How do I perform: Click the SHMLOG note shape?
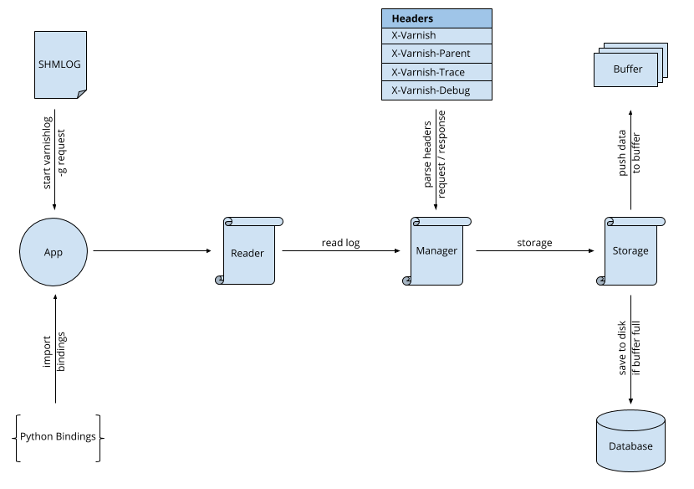click(x=60, y=64)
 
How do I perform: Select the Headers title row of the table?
click(x=436, y=18)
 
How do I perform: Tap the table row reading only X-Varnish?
click(x=436, y=36)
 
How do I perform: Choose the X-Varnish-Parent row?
click(x=436, y=54)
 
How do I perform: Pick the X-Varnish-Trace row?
click(x=436, y=72)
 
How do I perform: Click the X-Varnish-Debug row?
click(x=436, y=90)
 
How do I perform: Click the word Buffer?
click(x=628, y=69)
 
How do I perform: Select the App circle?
click(x=54, y=252)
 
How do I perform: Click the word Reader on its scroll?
click(x=247, y=253)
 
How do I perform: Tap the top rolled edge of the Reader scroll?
click(x=253, y=221)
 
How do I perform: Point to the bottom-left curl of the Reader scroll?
click(x=220, y=280)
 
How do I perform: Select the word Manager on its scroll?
click(x=436, y=250)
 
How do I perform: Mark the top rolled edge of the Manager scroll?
click(x=441, y=221)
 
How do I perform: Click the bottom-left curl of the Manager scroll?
click(x=407, y=280)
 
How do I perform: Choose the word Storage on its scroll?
click(x=630, y=250)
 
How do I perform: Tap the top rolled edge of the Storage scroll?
click(x=635, y=221)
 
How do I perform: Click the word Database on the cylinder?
click(x=630, y=446)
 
